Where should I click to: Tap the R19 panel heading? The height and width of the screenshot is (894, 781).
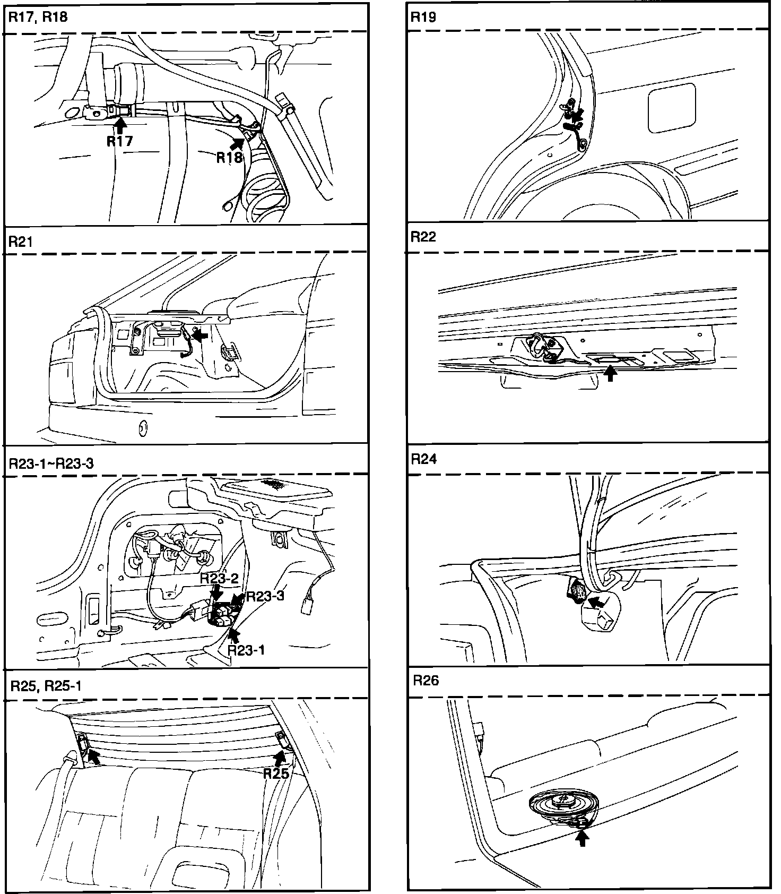point(423,17)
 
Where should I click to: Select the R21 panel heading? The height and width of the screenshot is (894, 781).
point(21,242)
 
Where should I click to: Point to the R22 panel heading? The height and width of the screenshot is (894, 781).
point(423,237)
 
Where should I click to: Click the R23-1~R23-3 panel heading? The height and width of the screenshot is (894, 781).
point(51,463)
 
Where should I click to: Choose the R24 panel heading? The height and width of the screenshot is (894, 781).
point(424,459)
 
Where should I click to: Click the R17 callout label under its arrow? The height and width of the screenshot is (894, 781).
point(120,141)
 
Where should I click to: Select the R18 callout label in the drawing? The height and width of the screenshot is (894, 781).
point(229,157)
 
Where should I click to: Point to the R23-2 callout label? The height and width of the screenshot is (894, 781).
point(219,579)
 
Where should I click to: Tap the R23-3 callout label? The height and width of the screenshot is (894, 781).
point(265,596)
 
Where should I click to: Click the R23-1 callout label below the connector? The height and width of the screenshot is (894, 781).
point(246,649)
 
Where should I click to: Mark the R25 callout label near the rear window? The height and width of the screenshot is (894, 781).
point(276,773)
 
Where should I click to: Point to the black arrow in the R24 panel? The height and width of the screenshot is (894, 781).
point(597,602)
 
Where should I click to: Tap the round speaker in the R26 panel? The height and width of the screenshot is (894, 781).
point(563,802)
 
